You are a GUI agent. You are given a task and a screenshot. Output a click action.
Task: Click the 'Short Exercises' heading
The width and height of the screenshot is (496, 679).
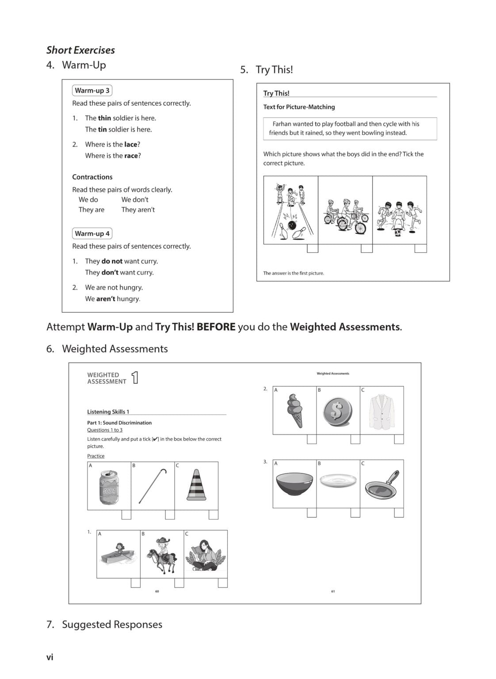80,50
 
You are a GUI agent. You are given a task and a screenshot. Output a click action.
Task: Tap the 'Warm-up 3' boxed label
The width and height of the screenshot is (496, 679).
92,91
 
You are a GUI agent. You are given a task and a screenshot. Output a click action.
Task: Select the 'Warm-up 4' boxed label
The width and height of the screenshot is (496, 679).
92,233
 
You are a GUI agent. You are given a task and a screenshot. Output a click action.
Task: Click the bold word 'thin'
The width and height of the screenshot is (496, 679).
104,118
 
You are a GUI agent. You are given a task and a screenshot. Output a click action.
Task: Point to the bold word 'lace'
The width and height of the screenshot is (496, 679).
130,145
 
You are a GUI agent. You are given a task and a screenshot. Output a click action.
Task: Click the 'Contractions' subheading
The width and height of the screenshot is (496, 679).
92,177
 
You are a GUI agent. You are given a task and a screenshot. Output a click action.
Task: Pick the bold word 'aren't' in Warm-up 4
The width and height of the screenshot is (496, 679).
106,299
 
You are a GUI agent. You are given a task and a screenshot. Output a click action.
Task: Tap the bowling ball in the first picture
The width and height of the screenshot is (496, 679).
292,225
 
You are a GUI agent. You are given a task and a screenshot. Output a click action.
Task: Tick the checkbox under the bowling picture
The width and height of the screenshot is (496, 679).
313,248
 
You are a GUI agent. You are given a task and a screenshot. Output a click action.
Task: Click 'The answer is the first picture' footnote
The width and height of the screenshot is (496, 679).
294,273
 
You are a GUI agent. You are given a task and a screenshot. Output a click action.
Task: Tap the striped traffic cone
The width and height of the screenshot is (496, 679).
196,485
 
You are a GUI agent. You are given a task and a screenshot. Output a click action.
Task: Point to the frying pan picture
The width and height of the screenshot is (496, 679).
382,485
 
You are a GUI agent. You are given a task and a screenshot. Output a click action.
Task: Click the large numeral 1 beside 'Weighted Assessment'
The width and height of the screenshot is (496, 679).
135,378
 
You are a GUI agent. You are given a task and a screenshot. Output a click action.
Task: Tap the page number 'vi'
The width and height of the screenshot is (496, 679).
50,657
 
